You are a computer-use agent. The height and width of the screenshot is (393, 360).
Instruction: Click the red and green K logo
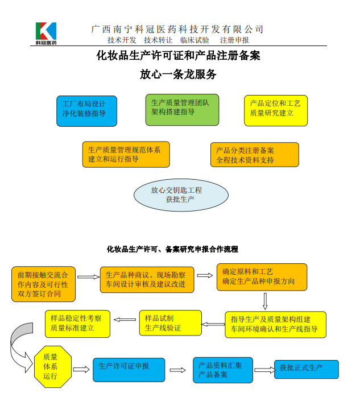click(x=46, y=33)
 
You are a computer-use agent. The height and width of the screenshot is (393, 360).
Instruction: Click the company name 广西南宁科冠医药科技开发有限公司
click(x=177, y=29)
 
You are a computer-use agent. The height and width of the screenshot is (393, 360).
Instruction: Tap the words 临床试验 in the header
click(x=195, y=40)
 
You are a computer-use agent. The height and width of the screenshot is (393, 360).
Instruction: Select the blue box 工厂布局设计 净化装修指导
click(x=86, y=110)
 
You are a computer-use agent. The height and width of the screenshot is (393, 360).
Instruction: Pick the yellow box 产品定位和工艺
click(x=275, y=109)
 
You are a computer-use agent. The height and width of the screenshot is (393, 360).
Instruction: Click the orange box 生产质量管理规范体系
click(x=126, y=155)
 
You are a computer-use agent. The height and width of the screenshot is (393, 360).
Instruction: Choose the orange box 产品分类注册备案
click(x=254, y=155)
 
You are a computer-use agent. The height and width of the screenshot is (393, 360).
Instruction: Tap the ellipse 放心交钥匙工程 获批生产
click(x=181, y=195)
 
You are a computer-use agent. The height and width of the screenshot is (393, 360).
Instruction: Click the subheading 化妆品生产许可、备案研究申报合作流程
click(x=172, y=249)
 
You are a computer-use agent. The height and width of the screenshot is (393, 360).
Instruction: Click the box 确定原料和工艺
click(x=262, y=277)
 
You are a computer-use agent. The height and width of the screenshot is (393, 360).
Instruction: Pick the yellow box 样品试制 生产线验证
click(x=170, y=323)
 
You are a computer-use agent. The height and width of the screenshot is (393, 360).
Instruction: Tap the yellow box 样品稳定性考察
click(x=77, y=323)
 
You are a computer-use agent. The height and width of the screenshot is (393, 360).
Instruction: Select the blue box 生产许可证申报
click(x=129, y=369)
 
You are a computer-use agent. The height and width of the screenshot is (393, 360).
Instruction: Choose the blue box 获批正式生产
click(x=306, y=369)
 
